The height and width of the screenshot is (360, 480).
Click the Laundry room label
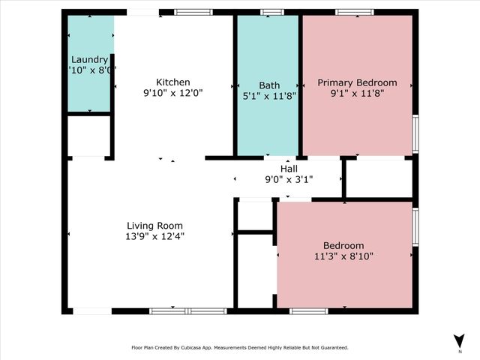90,59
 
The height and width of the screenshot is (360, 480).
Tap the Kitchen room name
172,82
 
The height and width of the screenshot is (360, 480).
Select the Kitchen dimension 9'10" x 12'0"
172,93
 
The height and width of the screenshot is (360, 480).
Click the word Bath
269,85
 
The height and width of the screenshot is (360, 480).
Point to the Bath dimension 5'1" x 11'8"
269,96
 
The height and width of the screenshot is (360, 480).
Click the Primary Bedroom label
357,82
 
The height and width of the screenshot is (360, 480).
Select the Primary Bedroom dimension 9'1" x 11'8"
357,94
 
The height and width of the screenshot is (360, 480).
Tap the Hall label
289,169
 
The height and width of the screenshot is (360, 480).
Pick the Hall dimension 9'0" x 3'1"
289,179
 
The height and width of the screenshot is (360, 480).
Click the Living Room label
154,225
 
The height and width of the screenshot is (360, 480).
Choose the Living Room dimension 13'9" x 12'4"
154,236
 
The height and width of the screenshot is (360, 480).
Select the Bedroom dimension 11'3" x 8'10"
343,256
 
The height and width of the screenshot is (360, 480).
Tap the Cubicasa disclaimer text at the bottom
240,347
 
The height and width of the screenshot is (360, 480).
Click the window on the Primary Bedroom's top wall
355,12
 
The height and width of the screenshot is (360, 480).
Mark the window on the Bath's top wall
271,12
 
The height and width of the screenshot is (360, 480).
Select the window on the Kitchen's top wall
193,12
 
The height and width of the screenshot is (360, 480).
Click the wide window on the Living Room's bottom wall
187,310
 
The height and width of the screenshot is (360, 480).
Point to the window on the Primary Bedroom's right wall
415,134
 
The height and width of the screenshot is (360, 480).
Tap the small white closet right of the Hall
379,178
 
